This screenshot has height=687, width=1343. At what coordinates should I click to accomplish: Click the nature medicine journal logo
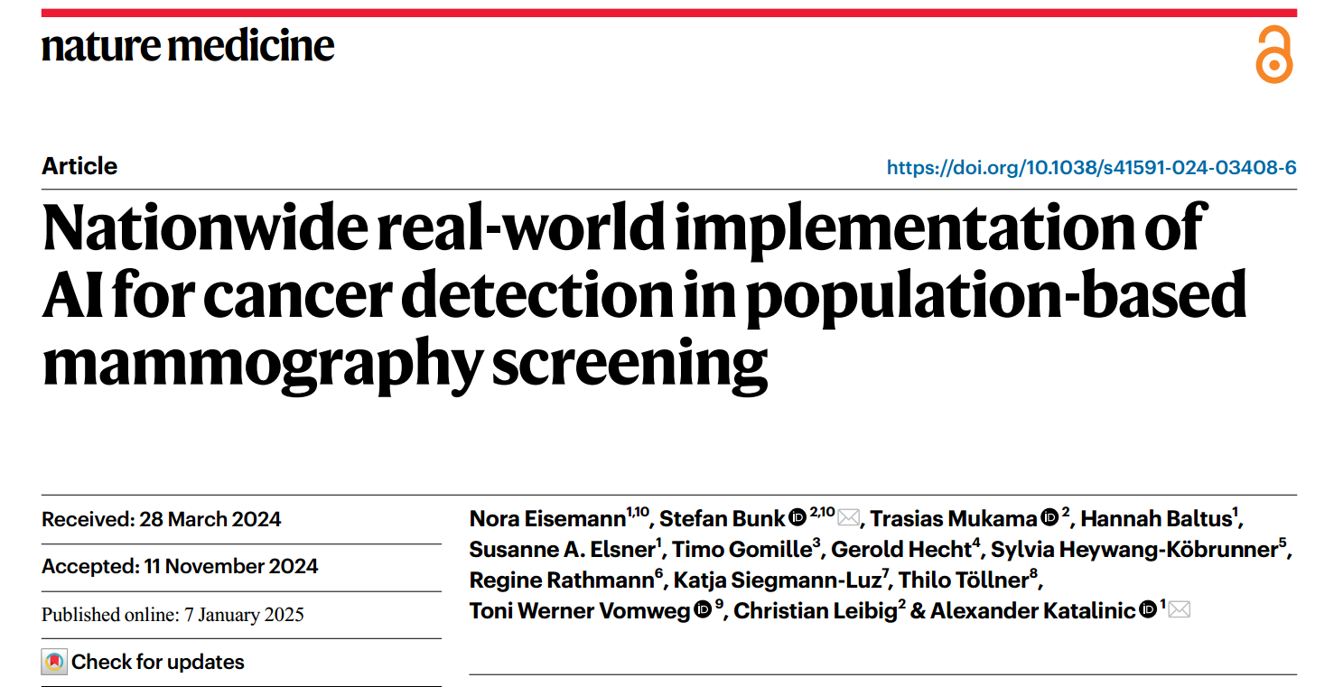(x=188, y=46)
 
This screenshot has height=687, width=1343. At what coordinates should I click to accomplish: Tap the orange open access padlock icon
(x=1273, y=55)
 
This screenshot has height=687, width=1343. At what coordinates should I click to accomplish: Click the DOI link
(x=1091, y=167)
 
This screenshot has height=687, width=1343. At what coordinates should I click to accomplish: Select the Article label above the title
(x=79, y=166)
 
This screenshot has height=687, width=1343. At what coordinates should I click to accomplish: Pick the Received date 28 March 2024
(x=162, y=519)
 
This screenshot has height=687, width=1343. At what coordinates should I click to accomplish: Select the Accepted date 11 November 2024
(x=180, y=566)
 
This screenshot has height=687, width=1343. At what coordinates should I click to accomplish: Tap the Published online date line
(x=173, y=615)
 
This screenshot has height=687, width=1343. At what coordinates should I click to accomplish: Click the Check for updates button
(x=144, y=662)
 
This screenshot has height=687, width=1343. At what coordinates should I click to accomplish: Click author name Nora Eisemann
(x=547, y=519)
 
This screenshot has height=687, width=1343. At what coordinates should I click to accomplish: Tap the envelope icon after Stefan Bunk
(x=848, y=518)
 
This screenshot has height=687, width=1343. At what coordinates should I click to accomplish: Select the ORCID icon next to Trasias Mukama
(x=1049, y=518)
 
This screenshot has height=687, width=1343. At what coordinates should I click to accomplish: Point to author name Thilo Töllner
(x=963, y=580)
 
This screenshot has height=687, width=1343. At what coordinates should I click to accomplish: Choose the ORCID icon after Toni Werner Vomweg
(x=704, y=611)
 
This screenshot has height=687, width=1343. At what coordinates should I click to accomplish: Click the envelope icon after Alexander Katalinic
(x=1179, y=610)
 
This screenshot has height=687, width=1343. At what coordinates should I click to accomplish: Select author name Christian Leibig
(x=816, y=611)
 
